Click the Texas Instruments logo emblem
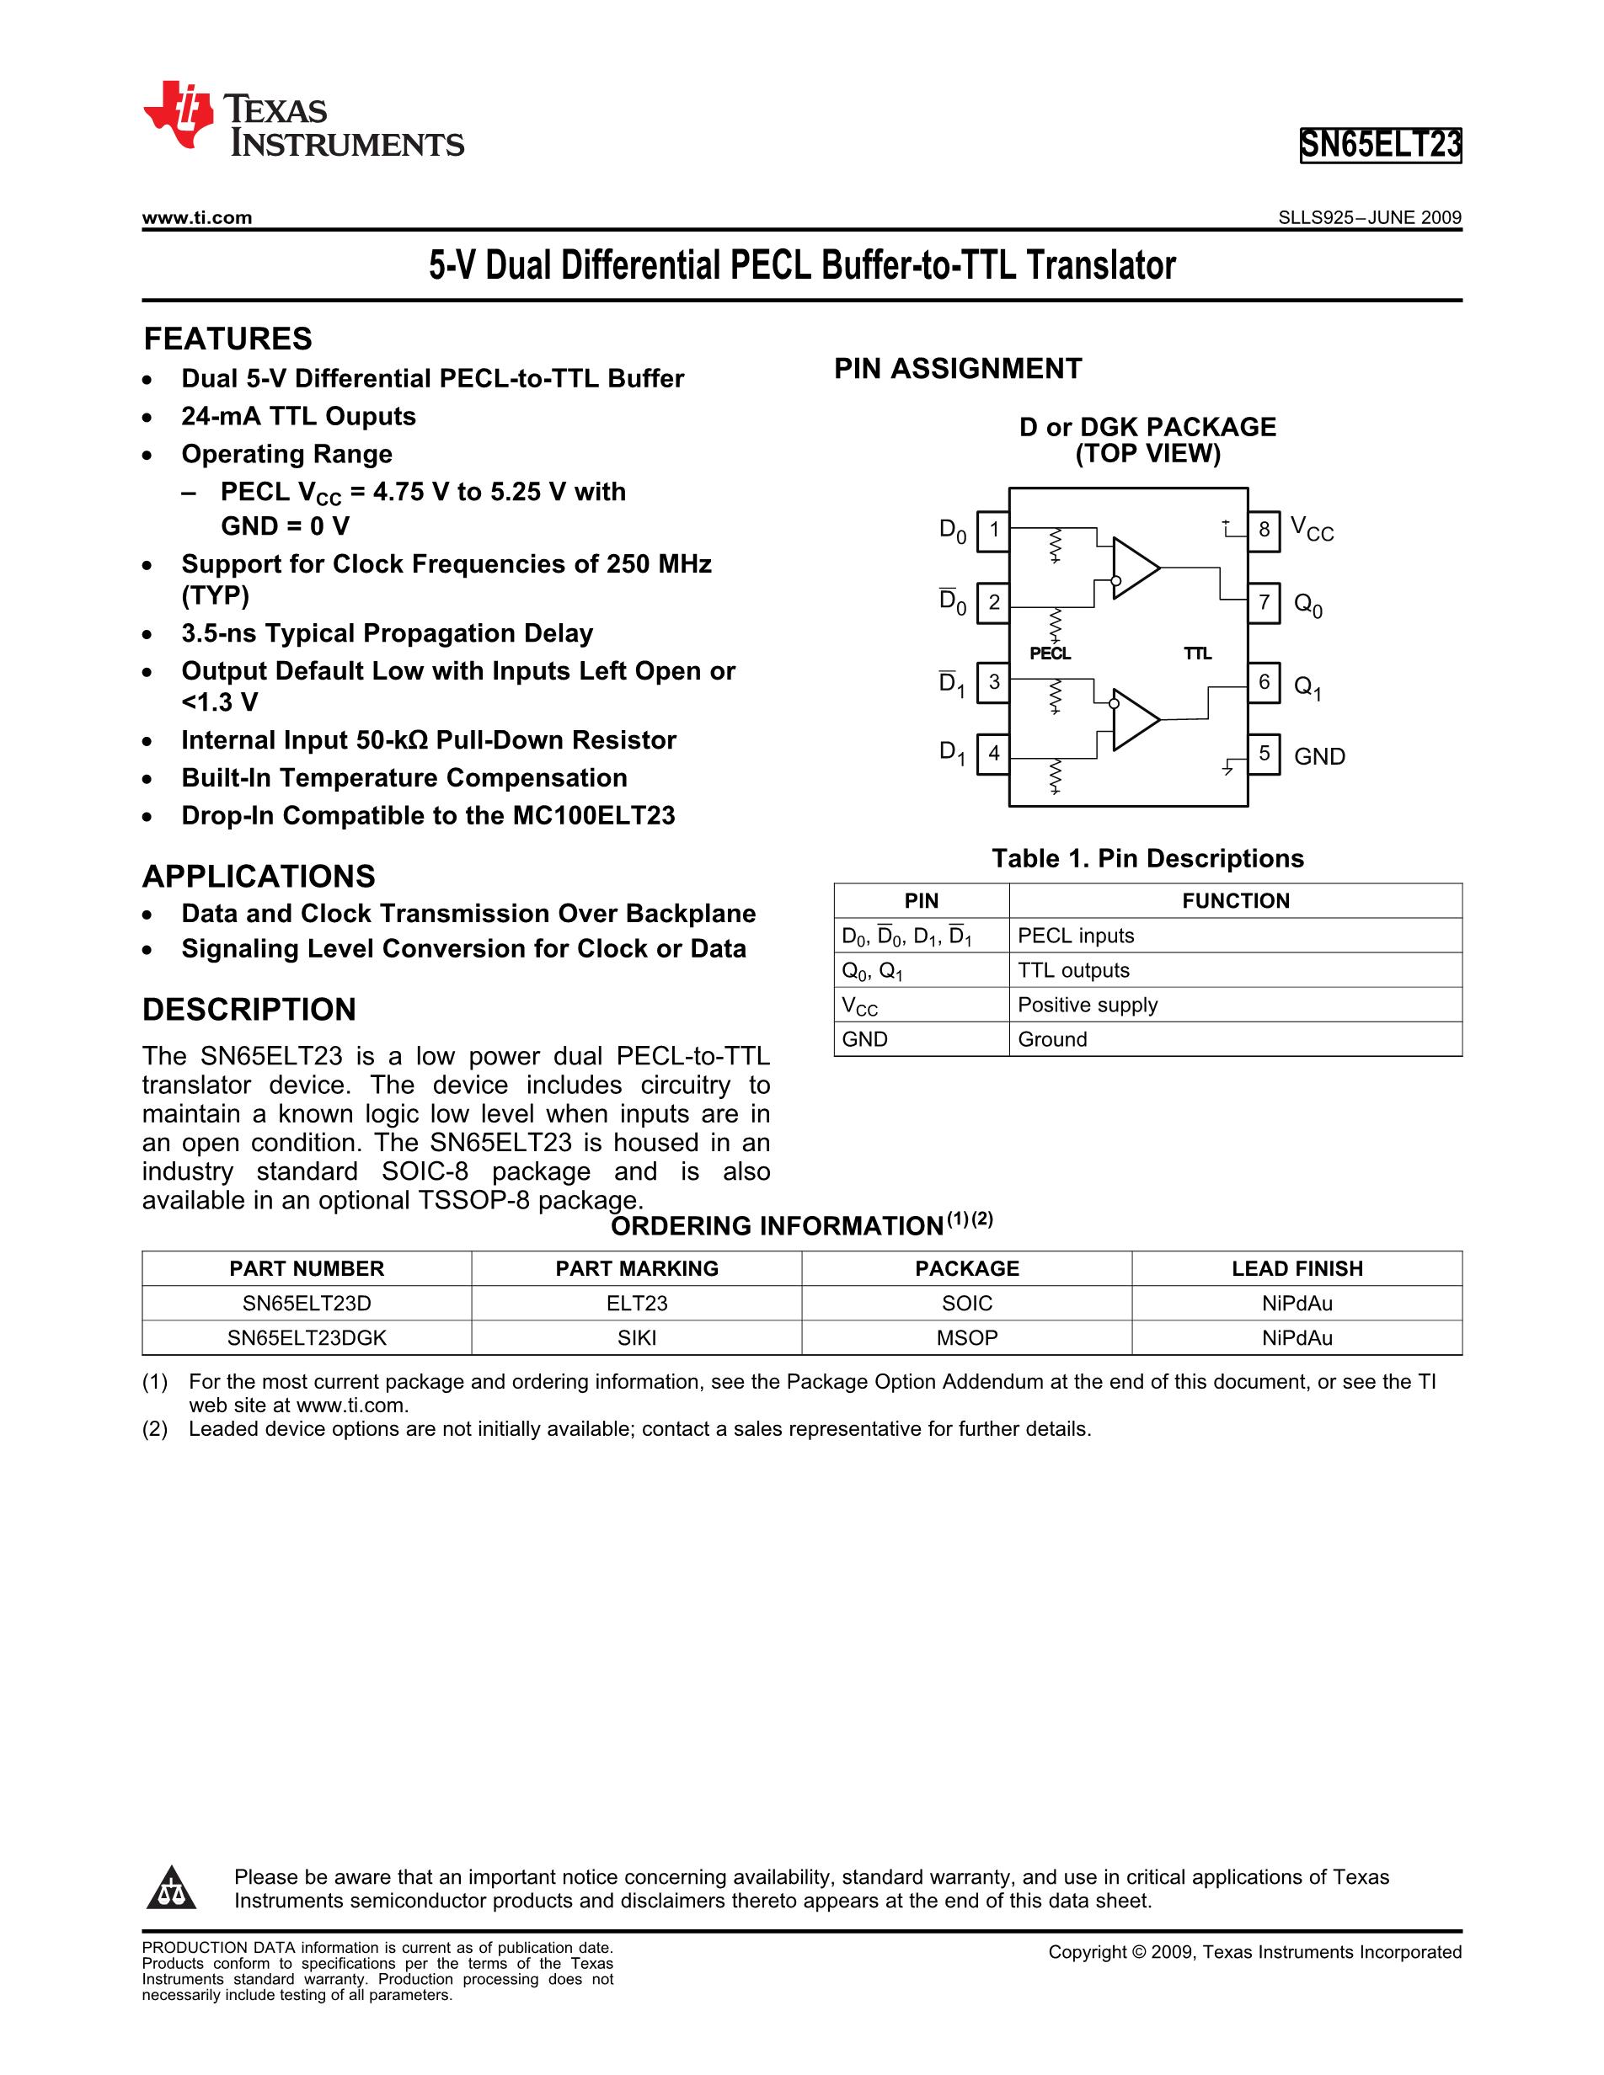tap(179, 115)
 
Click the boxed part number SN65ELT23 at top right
tap(1380, 146)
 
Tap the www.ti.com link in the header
tap(196, 217)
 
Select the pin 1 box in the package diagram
tap(993, 529)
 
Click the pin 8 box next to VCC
tap(1263, 529)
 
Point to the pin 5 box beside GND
tap(1263, 755)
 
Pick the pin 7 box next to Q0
tap(1263, 602)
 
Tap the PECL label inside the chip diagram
tap(1050, 653)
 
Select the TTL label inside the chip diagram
tap(1197, 653)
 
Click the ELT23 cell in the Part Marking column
tap(637, 1304)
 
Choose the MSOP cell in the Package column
tap(966, 1338)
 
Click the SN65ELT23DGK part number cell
tap(307, 1338)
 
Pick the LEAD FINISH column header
tap(1297, 1268)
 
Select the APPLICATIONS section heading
tap(259, 876)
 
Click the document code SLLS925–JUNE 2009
tap(1369, 217)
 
